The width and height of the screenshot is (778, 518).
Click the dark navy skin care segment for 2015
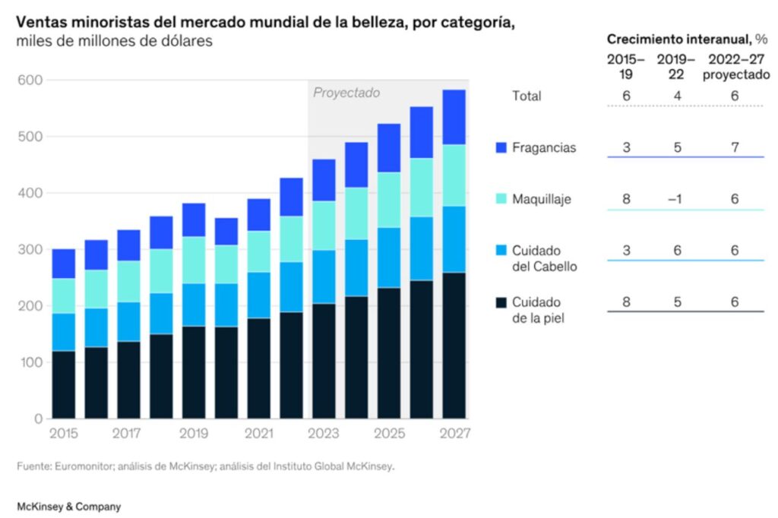tap(63, 384)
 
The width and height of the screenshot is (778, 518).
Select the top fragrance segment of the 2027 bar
tap(454, 117)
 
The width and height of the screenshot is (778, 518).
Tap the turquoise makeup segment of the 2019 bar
tap(194, 260)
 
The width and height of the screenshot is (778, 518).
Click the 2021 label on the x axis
tap(259, 434)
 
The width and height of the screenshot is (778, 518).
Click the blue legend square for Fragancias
tap(500, 147)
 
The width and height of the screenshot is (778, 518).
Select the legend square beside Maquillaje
tap(500, 199)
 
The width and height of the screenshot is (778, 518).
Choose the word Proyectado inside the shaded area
tap(346, 93)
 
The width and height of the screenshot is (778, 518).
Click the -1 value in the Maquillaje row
tap(676, 199)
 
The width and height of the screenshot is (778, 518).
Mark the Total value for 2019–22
tap(676, 96)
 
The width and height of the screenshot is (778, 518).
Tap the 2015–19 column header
tap(625, 66)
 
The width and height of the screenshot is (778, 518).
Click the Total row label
tap(527, 96)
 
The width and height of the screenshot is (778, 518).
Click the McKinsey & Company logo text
tap(68, 506)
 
